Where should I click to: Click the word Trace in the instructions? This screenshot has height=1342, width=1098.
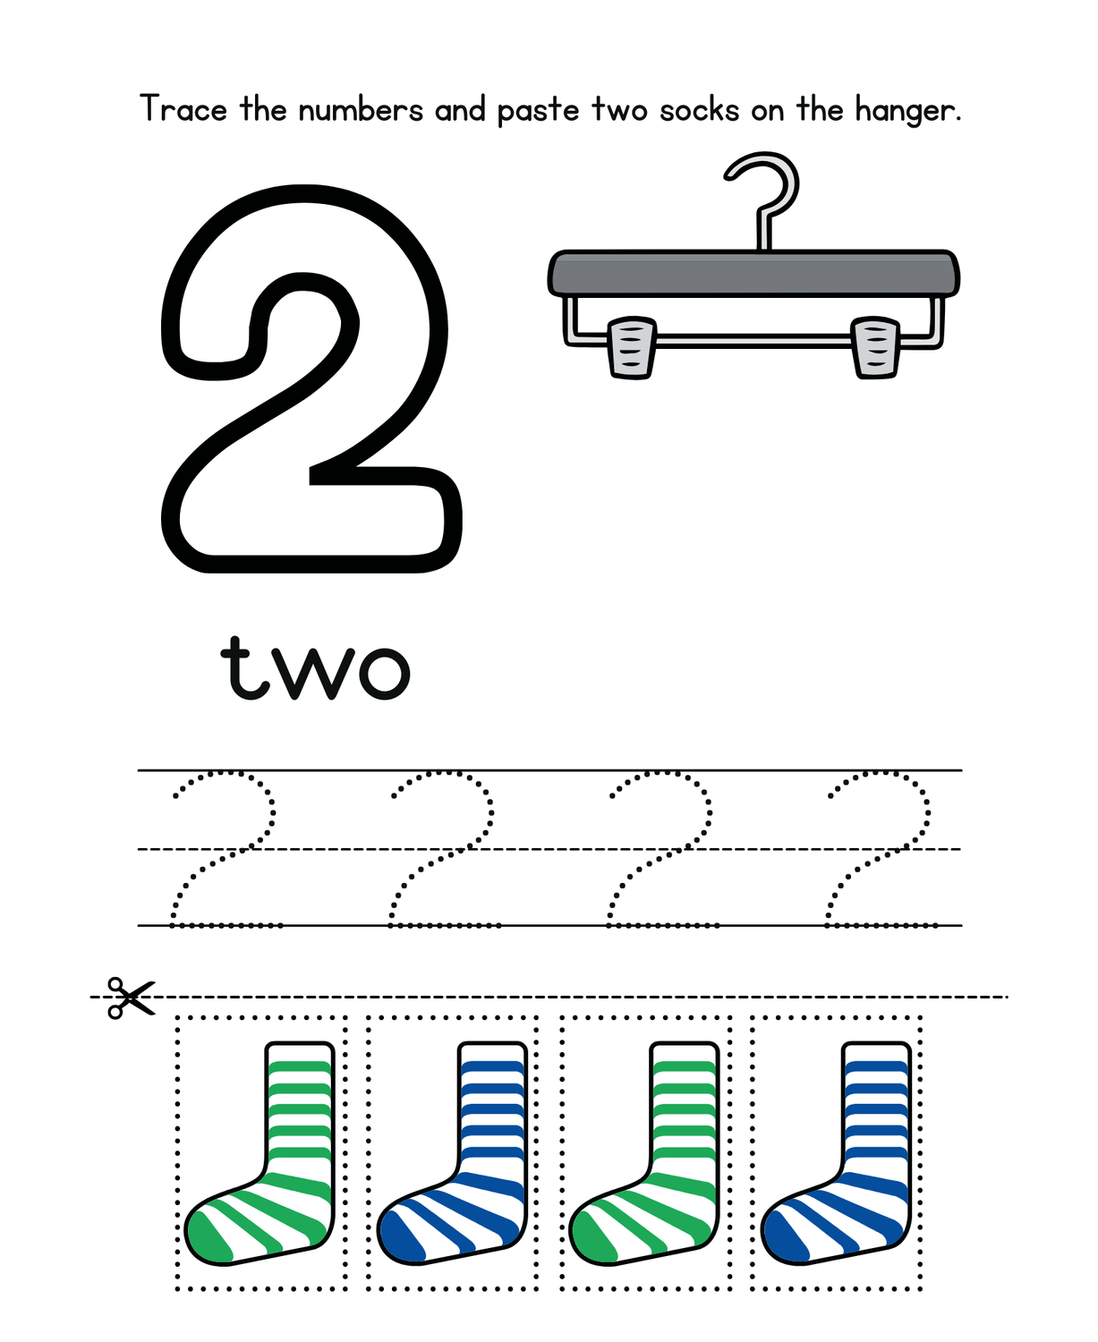point(183,108)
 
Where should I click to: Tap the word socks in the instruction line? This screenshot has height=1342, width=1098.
point(700,109)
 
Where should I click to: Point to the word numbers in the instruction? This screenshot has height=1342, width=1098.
point(361,109)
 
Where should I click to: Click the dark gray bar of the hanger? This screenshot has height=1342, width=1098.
point(753,274)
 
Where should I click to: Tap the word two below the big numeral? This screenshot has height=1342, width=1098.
point(315,669)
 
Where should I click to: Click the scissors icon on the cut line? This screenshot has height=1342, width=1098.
point(130,998)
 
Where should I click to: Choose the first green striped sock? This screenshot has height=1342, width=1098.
point(299,1145)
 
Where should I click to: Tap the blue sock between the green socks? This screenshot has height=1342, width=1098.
point(492,1145)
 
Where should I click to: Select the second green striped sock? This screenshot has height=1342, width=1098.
point(684,1145)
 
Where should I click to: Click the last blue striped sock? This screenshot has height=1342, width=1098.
point(876,1145)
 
